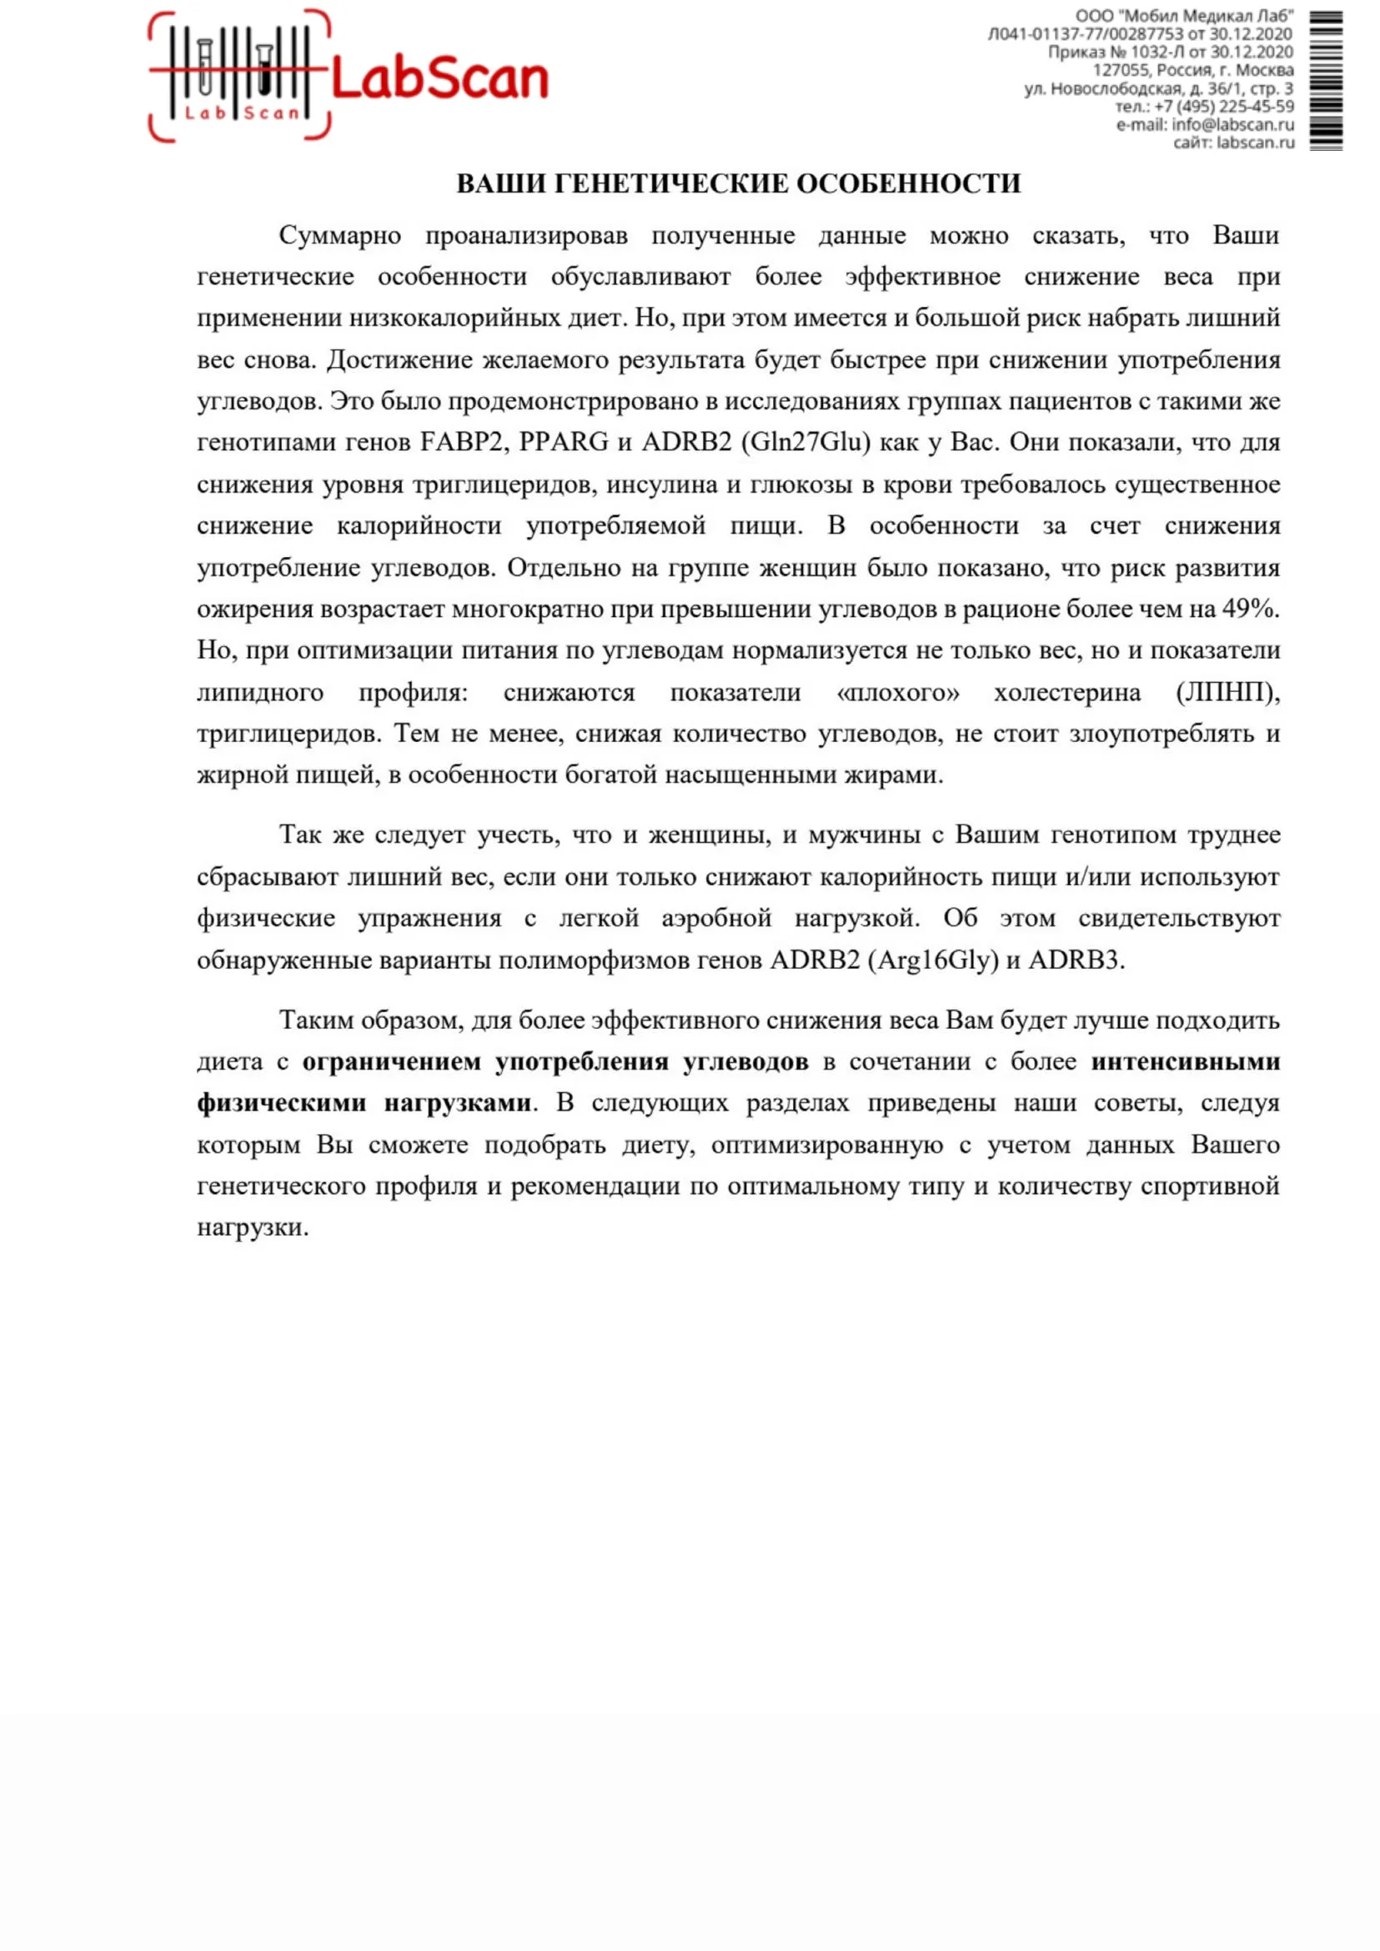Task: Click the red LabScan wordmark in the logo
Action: pos(439,79)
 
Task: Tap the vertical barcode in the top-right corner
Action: pos(1326,81)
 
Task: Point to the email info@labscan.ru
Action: pos(1232,125)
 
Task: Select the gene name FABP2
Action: pos(463,443)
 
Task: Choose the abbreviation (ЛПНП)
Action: pos(1227,693)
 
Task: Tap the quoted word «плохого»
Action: pos(897,693)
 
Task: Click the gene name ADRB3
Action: pos(1076,960)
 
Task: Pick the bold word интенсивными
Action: pos(1186,1062)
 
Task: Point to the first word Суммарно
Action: pos(340,235)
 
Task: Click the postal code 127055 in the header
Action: pos(1121,71)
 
